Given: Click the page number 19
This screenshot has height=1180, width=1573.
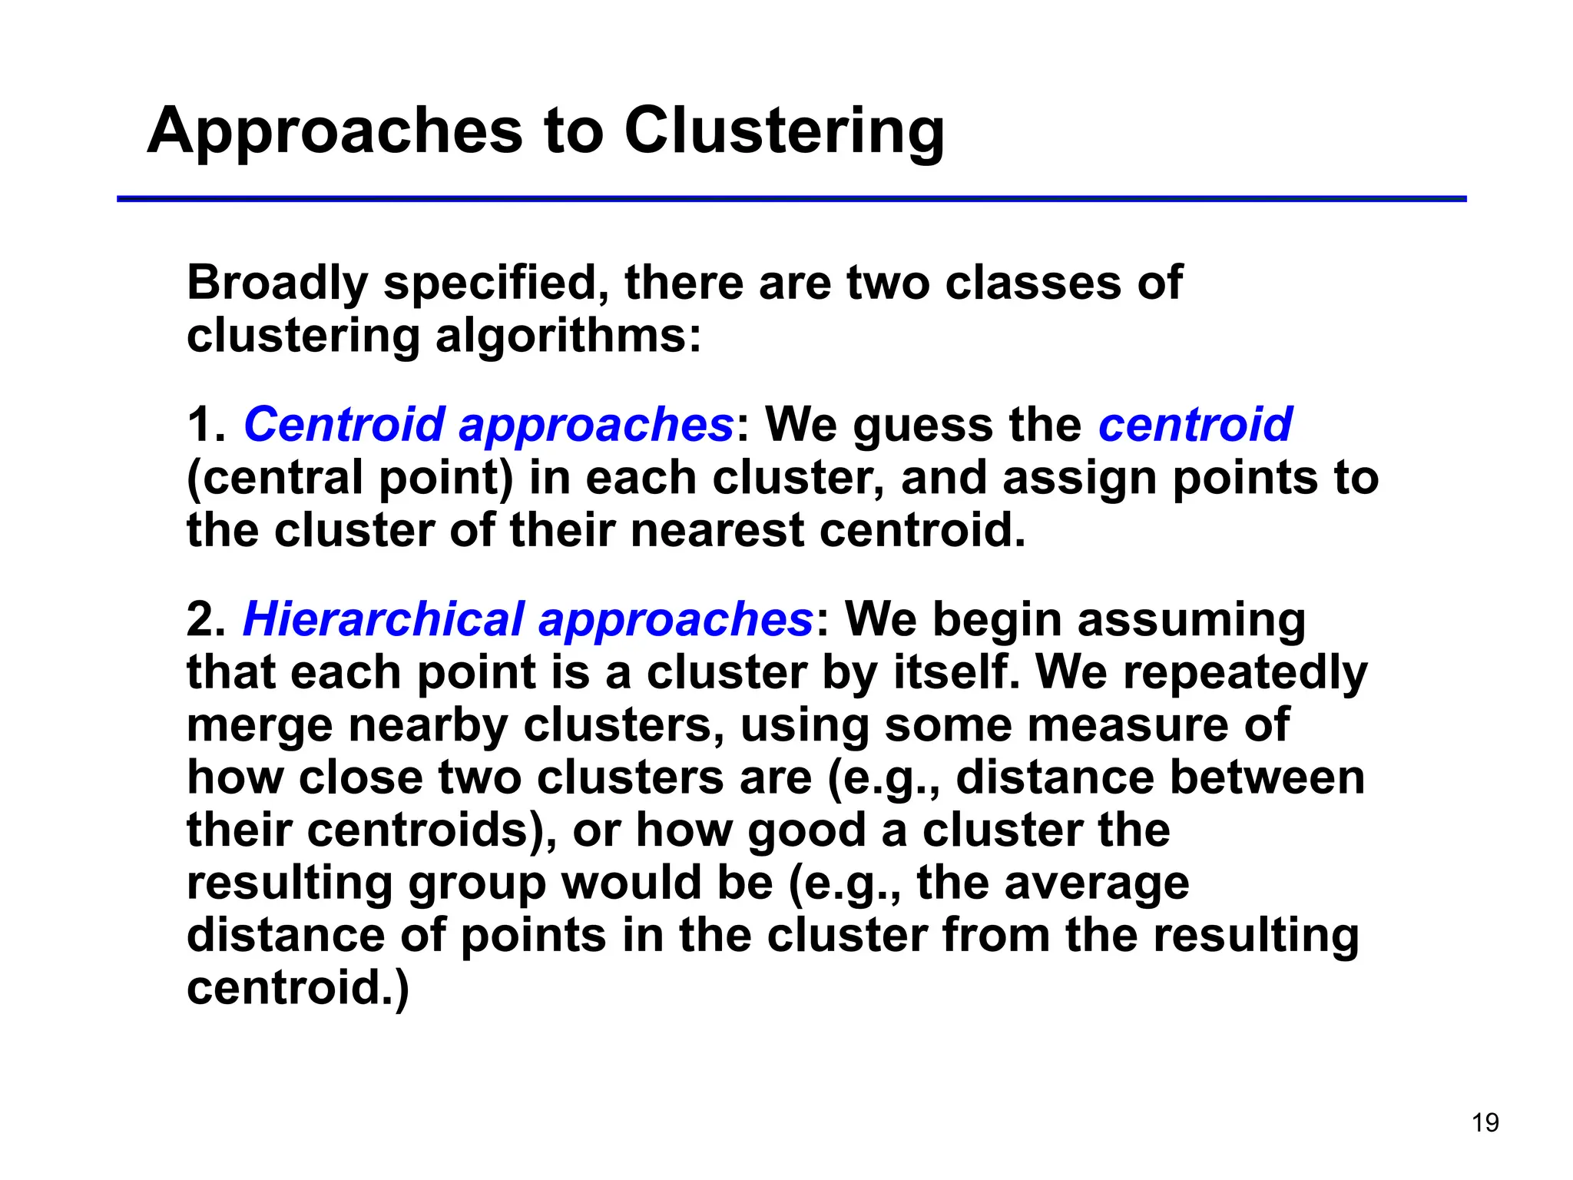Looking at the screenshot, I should (1485, 1122).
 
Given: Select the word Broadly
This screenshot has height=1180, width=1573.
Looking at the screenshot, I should (277, 283).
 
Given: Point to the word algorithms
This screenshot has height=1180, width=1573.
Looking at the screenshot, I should (568, 336).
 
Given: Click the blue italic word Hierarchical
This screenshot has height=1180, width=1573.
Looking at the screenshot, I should (383, 619).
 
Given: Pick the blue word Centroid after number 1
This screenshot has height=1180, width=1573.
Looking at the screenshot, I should (343, 424).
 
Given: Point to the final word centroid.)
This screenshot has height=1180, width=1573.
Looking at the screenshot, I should (298, 988).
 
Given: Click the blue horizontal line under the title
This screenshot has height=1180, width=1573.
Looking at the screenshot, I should (791, 199).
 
